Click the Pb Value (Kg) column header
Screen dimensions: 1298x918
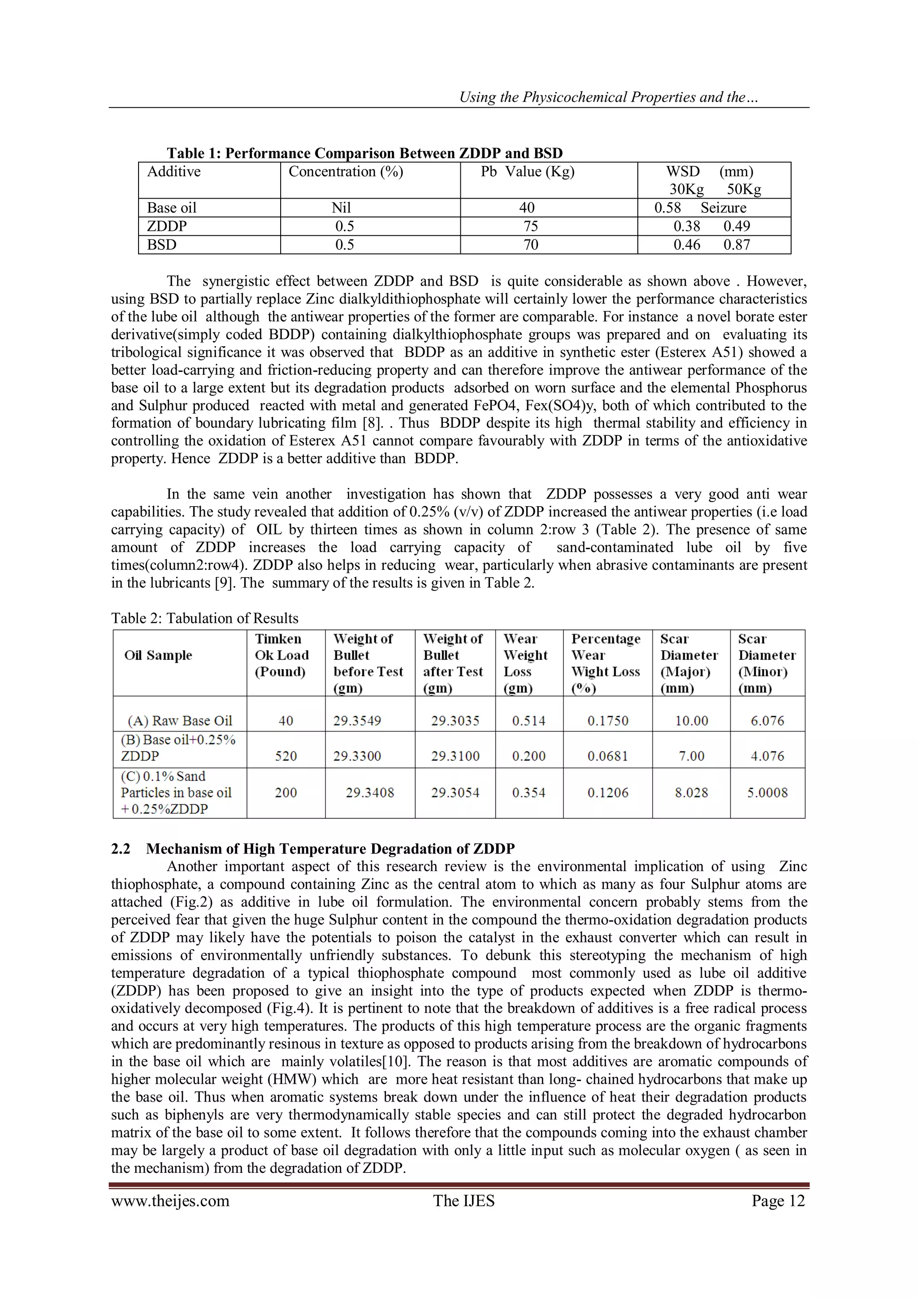[527, 172]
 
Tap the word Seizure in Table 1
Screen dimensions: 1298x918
[723, 208]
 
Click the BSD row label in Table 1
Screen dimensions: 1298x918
[162, 245]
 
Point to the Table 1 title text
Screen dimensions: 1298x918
[364, 154]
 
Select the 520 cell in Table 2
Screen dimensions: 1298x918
[286, 756]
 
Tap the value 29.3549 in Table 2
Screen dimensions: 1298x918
[357, 721]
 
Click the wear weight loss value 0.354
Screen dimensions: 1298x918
[528, 793]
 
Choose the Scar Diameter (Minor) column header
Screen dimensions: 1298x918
[766, 663]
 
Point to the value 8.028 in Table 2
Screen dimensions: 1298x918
[691, 793]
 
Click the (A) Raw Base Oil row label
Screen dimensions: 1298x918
[180, 721]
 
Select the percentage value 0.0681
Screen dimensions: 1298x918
[608, 756]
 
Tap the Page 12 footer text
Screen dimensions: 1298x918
[778, 1201]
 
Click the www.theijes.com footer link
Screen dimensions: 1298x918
[170, 1201]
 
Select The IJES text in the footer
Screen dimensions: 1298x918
[463, 1201]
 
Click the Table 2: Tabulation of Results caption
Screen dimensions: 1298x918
[205, 618]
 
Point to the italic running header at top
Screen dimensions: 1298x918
[608, 97]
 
